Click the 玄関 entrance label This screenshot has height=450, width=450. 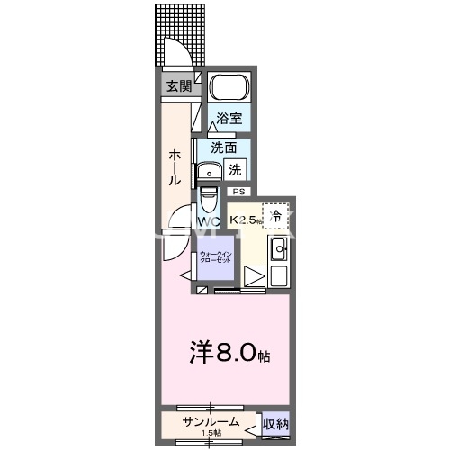(178, 86)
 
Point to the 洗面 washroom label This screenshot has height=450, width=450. (224, 148)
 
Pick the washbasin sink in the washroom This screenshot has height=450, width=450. (211, 170)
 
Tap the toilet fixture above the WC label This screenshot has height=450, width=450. (208, 197)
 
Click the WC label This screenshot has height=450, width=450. (209, 221)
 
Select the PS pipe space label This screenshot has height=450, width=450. (238, 192)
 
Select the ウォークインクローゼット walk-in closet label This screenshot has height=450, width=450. (216, 257)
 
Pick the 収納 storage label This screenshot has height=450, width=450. (275, 423)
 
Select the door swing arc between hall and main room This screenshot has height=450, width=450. (172, 230)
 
